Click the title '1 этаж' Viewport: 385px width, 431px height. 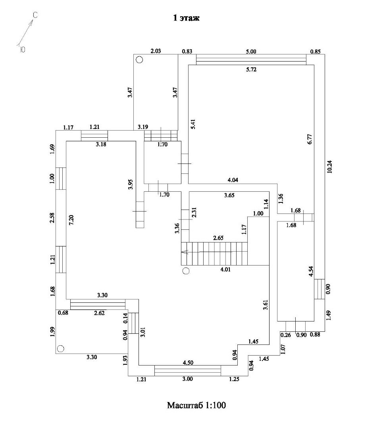click(x=186, y=18)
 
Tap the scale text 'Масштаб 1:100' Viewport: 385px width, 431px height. click(x=196, y=406)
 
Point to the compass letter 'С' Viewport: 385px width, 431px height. click(x=35, y=15)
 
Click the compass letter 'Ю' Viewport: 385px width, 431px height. click(x=22, y=50)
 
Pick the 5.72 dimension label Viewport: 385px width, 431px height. click(x=251, y=70)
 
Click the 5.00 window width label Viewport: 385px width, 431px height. click(x=251, y=51)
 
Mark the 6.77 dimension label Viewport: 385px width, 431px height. click(x=310, y=141)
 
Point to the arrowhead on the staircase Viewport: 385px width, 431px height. click(x=183, y=252)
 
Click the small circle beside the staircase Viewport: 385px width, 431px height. click(x=186, y=271)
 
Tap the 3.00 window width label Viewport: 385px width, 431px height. click(x=187, y=379)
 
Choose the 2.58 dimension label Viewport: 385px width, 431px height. click(x=52, y=218)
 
